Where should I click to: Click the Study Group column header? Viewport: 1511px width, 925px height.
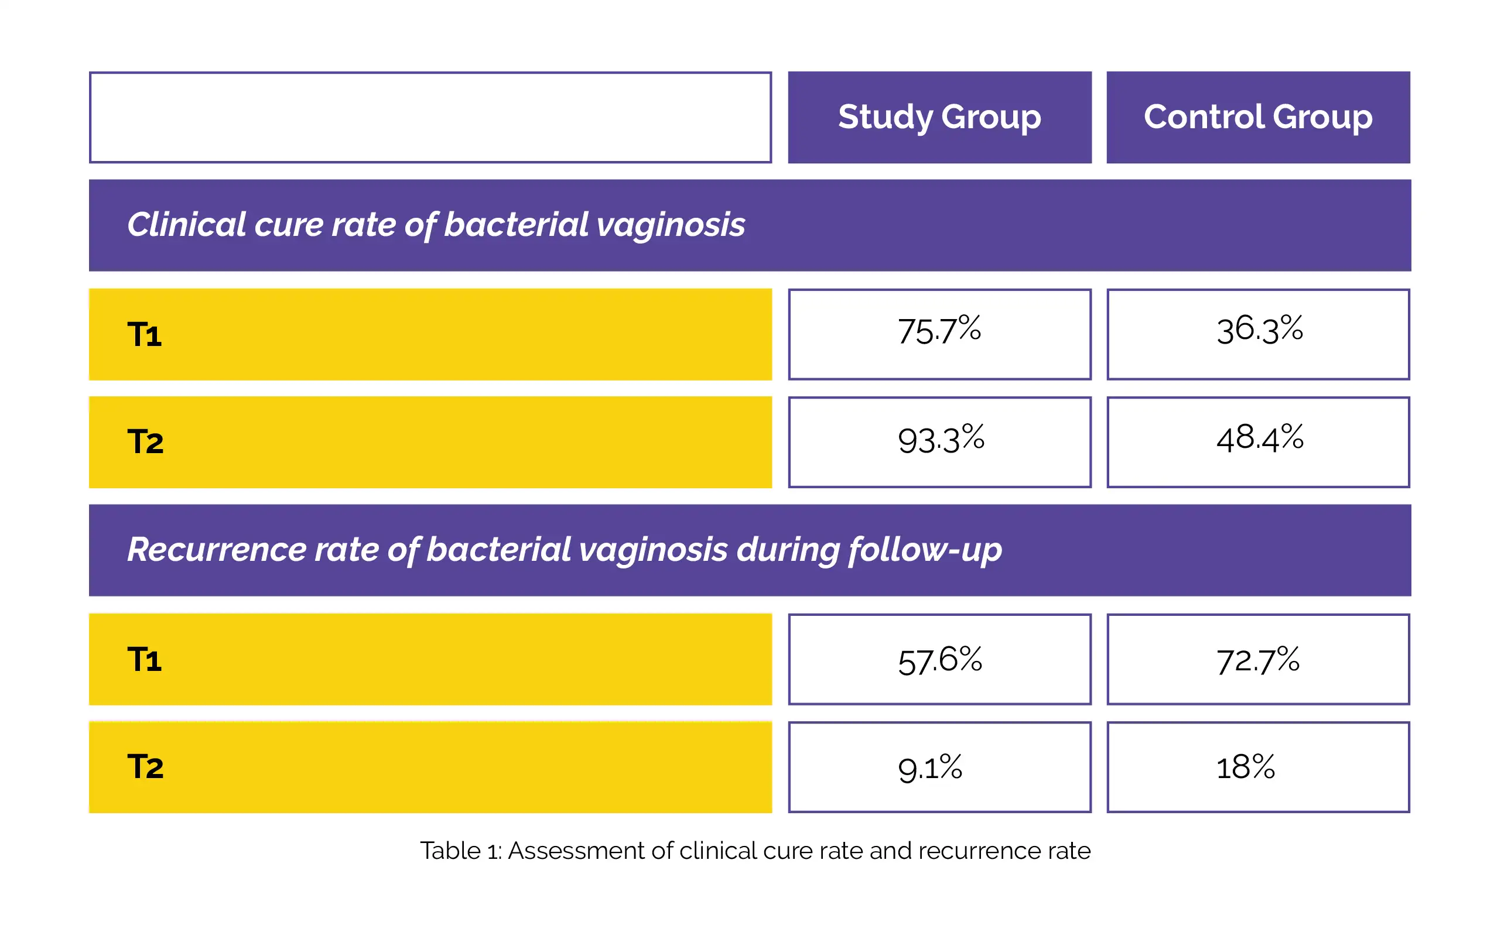(939, 117)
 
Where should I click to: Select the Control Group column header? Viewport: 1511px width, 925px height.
(1259, 117)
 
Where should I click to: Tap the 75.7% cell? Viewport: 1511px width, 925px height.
(939, 334)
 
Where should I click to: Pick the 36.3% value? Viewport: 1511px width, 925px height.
(1260, 330)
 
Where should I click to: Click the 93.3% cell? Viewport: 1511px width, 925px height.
(939, 442)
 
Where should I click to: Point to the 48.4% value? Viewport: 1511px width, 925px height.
(1260, 439)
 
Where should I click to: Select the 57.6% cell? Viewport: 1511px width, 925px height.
(939, 659)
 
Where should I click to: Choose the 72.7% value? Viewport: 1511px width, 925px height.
(1258, 661)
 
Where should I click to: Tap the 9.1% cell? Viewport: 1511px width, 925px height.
(939, 767)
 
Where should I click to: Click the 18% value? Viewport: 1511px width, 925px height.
(1246, 767)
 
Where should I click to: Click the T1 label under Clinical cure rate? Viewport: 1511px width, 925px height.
(145, 335)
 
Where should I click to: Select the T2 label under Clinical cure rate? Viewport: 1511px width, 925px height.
(145, 442)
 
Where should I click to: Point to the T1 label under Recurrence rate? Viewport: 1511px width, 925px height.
(145, 660)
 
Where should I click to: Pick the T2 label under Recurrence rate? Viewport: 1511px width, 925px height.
(145, 767)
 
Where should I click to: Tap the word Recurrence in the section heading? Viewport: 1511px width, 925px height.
(217, 549)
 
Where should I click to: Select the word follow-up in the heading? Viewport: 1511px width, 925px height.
(925, 550)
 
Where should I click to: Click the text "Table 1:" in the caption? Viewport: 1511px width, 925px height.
(461, 851)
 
